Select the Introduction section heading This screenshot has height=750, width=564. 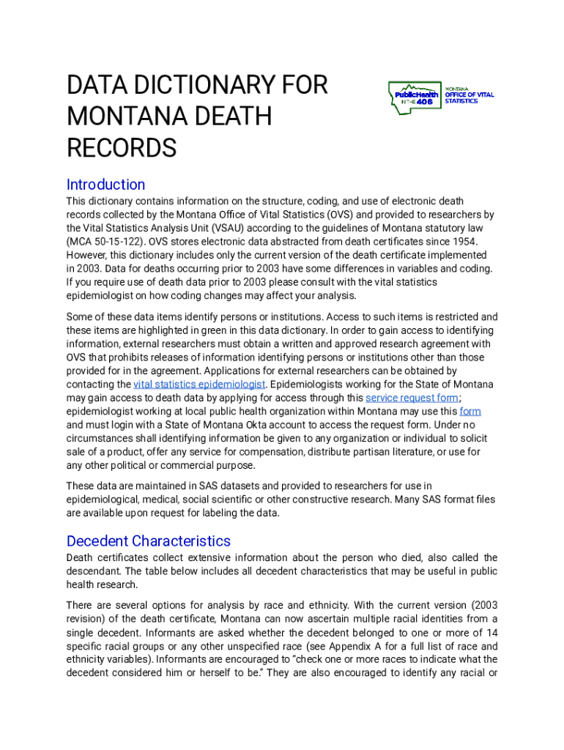[x=105, y=185]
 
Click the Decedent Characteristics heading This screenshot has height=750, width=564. [x=148, y=541]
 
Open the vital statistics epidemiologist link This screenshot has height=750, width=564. [x=199, y=385]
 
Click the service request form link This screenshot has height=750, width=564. [x=412, y=398]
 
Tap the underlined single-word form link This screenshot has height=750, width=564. [x=470, y=412]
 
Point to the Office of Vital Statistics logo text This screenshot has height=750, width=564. [x=470, y=95]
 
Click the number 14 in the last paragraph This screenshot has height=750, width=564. [x=491, y=632]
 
